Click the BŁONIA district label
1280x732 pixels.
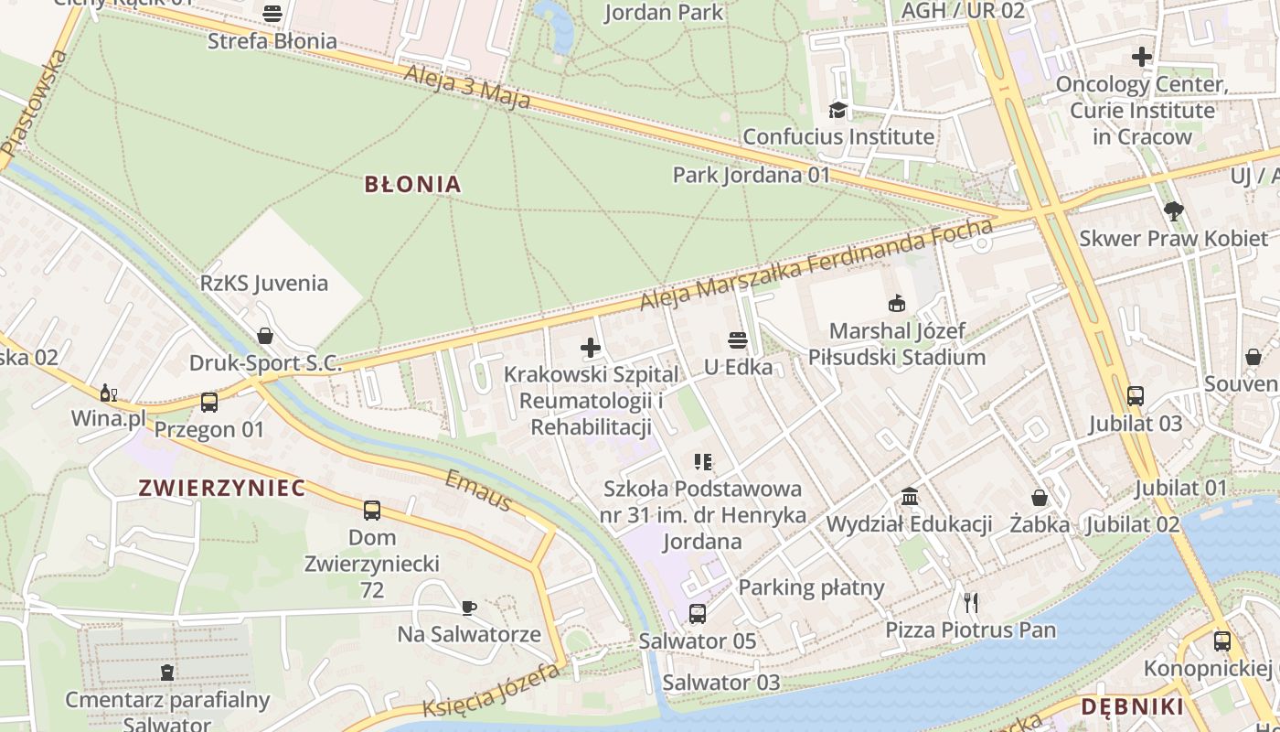[412, 185]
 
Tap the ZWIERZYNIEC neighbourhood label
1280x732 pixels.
[222, 488]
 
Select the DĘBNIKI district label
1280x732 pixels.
[1132, 706]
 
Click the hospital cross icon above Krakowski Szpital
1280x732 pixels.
[591, 348]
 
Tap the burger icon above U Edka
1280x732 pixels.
[738, 340]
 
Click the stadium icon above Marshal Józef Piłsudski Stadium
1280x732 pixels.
[896, 303]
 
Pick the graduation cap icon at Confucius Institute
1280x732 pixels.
[837, 111]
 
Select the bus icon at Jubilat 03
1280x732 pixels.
[1135, 396]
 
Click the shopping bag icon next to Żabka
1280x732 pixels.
[1040, 498]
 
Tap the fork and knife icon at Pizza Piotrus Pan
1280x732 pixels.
[971, 603]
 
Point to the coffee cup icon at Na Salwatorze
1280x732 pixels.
[468, 608]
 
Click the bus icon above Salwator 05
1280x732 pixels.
[697, 614]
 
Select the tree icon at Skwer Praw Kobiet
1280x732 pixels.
[1174, 211]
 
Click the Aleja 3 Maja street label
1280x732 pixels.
[466, 87]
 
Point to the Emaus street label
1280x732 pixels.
[477, 491]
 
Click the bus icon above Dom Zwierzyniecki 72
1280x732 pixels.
[371, 511]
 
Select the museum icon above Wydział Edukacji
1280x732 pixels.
[910, 497]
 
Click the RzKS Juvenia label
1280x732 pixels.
[264, 283]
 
